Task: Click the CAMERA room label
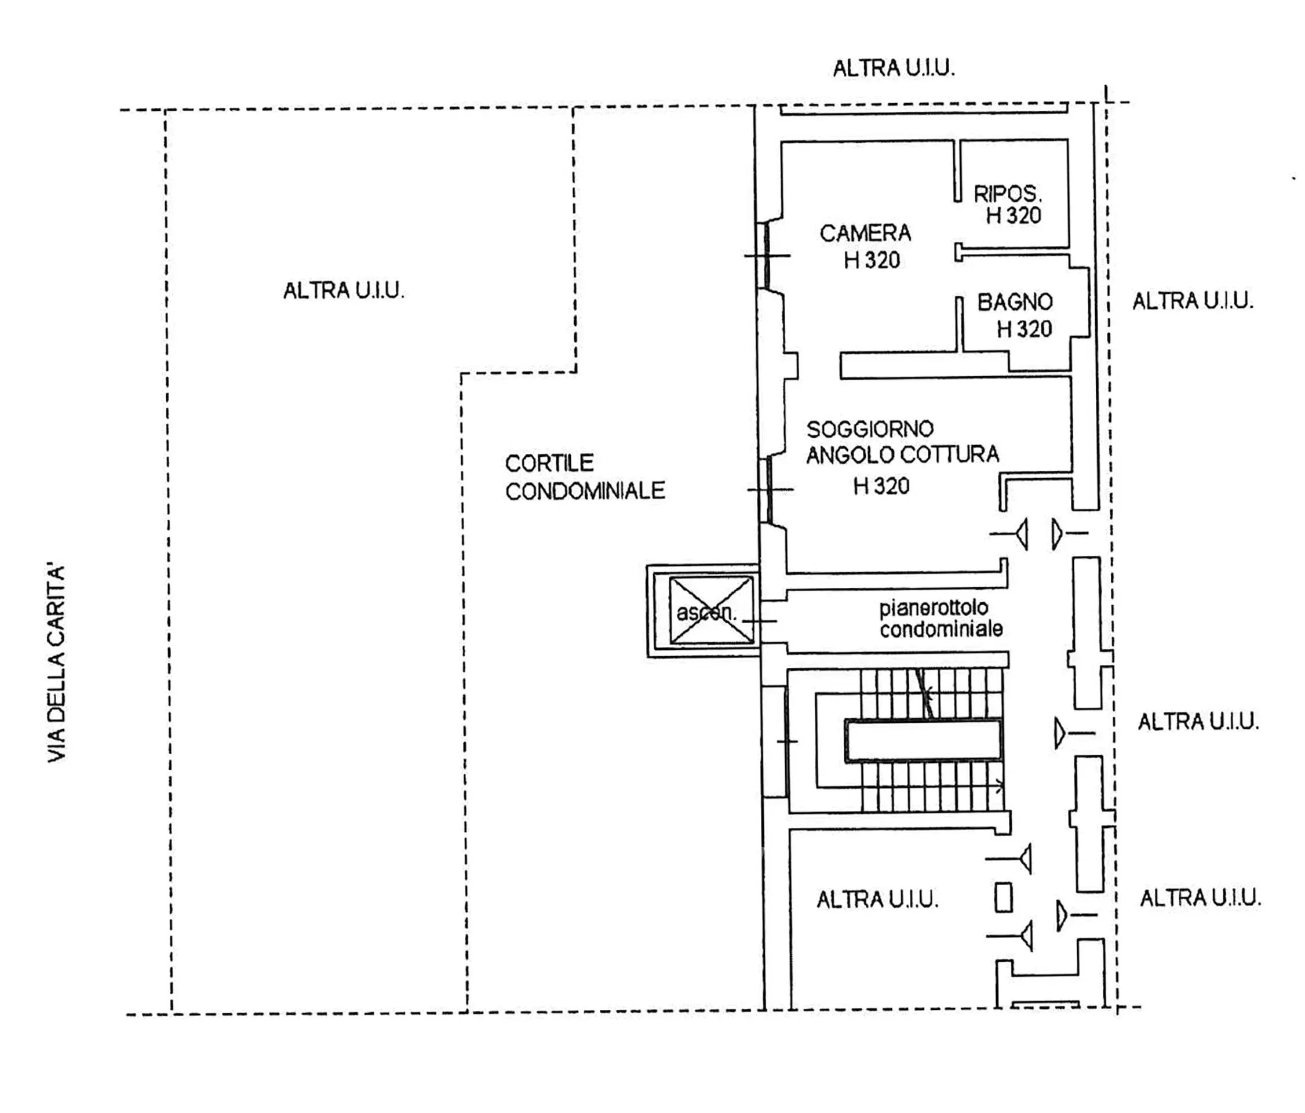coord(865,233)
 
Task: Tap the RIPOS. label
coord(1007,194)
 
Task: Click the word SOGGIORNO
coord(870,429)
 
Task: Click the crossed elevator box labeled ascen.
coord(711,611)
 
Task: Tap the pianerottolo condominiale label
coord(941,619)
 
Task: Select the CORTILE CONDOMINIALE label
coord(585,477)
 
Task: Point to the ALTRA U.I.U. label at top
coord(894,68)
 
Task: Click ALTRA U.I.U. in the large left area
coord(343,290)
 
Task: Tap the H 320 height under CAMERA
coord(872,260)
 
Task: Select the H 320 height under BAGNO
coord(1024,329)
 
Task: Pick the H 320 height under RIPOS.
coord(1014,216)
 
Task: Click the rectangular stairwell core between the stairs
coord(923,741)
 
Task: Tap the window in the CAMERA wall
coord(767,255)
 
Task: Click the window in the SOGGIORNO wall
coord(769,489)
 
